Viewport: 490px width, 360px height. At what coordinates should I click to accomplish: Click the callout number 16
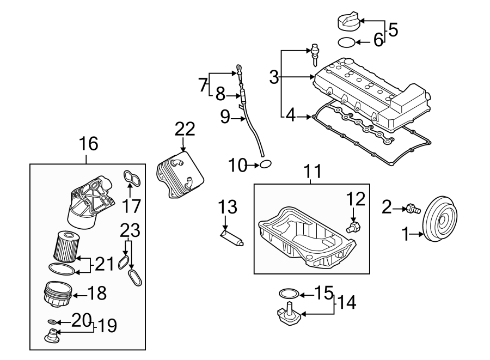(x=88, y=144)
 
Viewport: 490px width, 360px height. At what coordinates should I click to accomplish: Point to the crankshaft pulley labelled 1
(x=441, y=221)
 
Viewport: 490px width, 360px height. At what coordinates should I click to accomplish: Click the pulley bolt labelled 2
(x=412, y=207)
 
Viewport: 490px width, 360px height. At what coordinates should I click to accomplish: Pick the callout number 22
(x=184, y=129)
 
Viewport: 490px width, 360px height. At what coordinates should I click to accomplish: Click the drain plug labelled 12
(x=354, y=226)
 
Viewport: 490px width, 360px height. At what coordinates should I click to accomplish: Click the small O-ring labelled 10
(x=265, y=164)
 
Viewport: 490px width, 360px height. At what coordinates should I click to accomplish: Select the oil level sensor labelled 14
(x=289, y=319)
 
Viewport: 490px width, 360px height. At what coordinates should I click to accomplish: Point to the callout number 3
(x=274, y=77)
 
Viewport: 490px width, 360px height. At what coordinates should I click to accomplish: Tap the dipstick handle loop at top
(x=238, y=69)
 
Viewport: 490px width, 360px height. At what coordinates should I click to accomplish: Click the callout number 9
(x=225, y=117)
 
